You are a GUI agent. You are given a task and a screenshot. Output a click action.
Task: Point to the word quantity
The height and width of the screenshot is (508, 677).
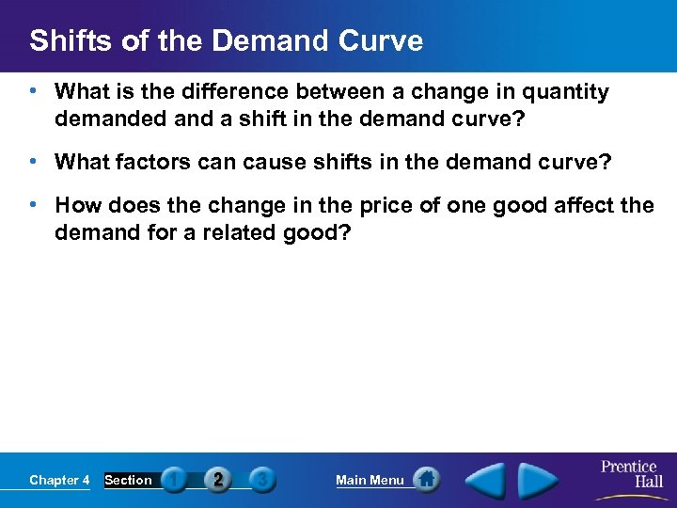[x=565, y=92]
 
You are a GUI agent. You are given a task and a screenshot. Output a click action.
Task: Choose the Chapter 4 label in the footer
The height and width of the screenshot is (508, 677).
[x=59, y=481]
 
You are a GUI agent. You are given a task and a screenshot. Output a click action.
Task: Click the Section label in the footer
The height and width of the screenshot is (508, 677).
[x=128, y=481]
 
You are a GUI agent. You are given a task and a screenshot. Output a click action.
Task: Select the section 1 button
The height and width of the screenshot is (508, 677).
[x=174, y=481]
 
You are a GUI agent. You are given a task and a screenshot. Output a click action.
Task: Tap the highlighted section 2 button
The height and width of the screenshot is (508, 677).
[x=218, y=481]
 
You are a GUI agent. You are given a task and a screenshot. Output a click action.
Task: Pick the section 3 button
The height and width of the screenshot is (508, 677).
[x=263, y=481]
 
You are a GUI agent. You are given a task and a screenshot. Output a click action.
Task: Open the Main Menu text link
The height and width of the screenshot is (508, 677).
[x=370, y=481]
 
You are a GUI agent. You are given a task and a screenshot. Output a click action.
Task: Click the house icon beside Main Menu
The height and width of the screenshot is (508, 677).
[x=426, y=480]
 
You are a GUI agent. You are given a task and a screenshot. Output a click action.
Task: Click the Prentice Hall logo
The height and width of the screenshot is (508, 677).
[x=629, y=474]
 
